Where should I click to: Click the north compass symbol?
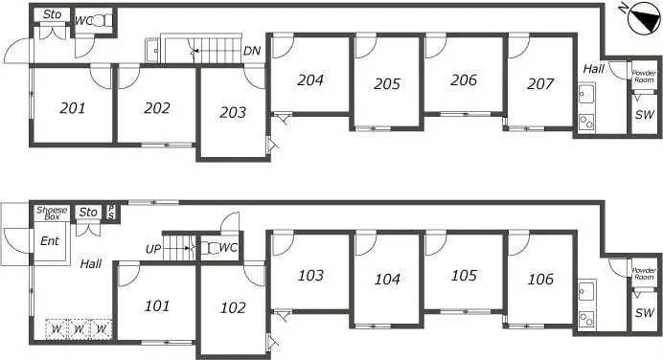pos(645,18)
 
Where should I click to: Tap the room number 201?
pos(73,108)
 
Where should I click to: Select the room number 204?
pos(310,79)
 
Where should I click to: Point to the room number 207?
pos(540,83)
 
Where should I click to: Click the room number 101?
pos(157,305)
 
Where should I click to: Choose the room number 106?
pos(540,279)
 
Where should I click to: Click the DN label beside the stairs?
pos(252,51)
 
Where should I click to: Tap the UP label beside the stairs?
pos(153,249)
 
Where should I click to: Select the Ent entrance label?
pos(50,241)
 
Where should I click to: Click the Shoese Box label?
pos(52,213)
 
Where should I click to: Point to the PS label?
pos(111,213)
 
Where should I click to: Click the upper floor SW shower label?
pos(645,114)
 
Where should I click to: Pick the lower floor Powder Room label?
pos(644,274)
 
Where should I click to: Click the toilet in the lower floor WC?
pos(210,248)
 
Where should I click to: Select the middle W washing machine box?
pos(79,328)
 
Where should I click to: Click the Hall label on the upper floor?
pos(594,69)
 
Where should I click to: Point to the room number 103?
pos(310,276)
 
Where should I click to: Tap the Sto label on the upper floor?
pos(53,14)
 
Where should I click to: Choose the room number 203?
pos(233,112)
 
